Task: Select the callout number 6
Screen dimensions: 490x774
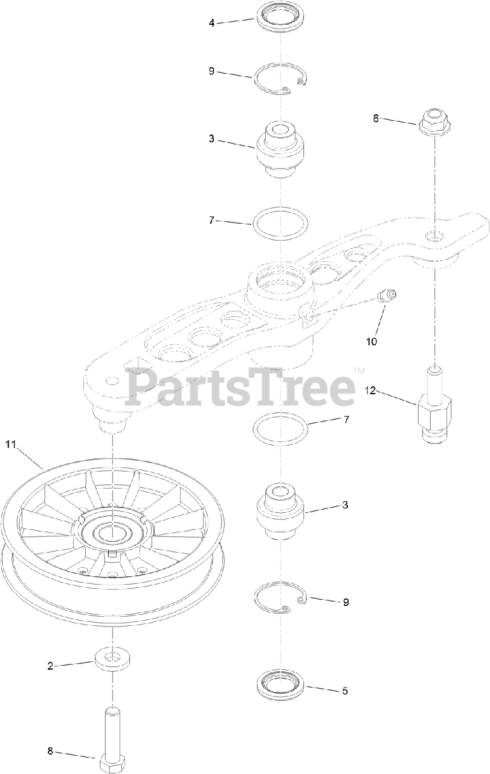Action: (375, 119)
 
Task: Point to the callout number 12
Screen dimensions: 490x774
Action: (370, 391)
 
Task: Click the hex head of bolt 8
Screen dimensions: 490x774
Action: (113, 763)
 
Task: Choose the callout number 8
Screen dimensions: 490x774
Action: (50, 751)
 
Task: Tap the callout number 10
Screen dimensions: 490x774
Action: (371, 342)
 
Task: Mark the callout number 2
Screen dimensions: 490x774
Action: (50, 666)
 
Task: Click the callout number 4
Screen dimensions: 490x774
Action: (211, 23)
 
